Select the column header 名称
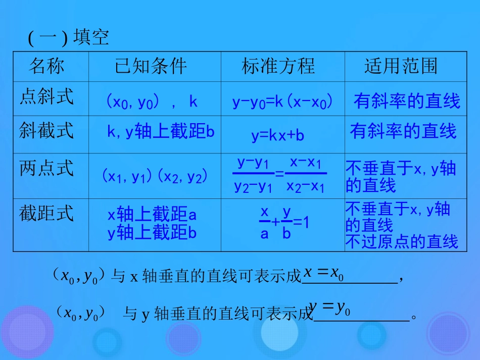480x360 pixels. tap(46, 66)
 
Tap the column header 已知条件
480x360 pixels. tap(151, 66)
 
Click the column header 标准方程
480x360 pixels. tap(278, 66)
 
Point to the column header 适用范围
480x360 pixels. tap(401, 66)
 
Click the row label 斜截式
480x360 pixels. tap(46, 130)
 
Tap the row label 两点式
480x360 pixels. tap(46, 168)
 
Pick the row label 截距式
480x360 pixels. tap(46, 213)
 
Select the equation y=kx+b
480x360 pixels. tap(278, 135)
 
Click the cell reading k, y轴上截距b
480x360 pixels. tap(161, 132)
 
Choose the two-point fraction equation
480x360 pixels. tap(279, 175)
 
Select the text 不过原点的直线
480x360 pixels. tap(401, 242)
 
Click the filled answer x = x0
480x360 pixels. tap(323, 274)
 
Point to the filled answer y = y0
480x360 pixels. tap(329, 307)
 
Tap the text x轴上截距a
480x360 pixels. tap(152, 215)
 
